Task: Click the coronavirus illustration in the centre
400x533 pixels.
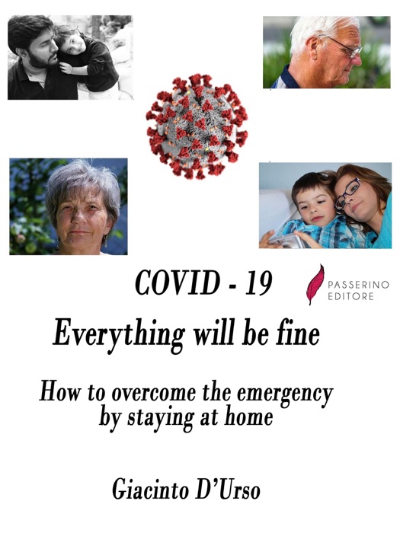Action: [x=197, y=126]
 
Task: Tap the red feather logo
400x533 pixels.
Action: [x=314, y=285]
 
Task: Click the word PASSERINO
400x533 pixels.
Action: [x=358, y=284]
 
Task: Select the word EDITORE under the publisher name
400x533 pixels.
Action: [x=350, y=296]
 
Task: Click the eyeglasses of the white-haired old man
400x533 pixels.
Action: [x=346, y=47]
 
